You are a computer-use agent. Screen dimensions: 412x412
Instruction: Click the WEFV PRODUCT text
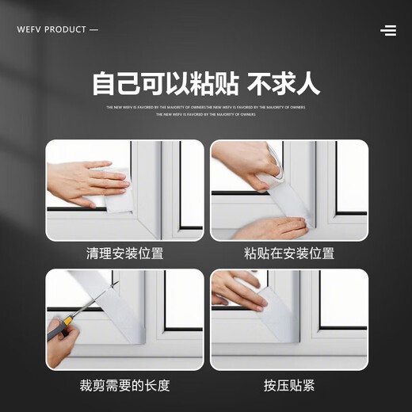[x=51, y=30]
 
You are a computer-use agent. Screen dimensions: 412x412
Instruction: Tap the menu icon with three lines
[x=388, y=30]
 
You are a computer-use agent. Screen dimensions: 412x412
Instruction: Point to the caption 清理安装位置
[x=124, y=254]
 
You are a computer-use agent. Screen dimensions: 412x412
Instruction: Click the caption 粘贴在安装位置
[x=289, y=254]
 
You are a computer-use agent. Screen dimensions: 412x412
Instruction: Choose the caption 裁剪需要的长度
[x=124, y=386]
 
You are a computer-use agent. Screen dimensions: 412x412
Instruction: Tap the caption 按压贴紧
[x=289, y=386]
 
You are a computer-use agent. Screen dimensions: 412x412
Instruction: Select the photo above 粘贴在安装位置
[x=289, y=190]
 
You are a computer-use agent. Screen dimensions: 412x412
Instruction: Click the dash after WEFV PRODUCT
[x=94, y=30]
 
